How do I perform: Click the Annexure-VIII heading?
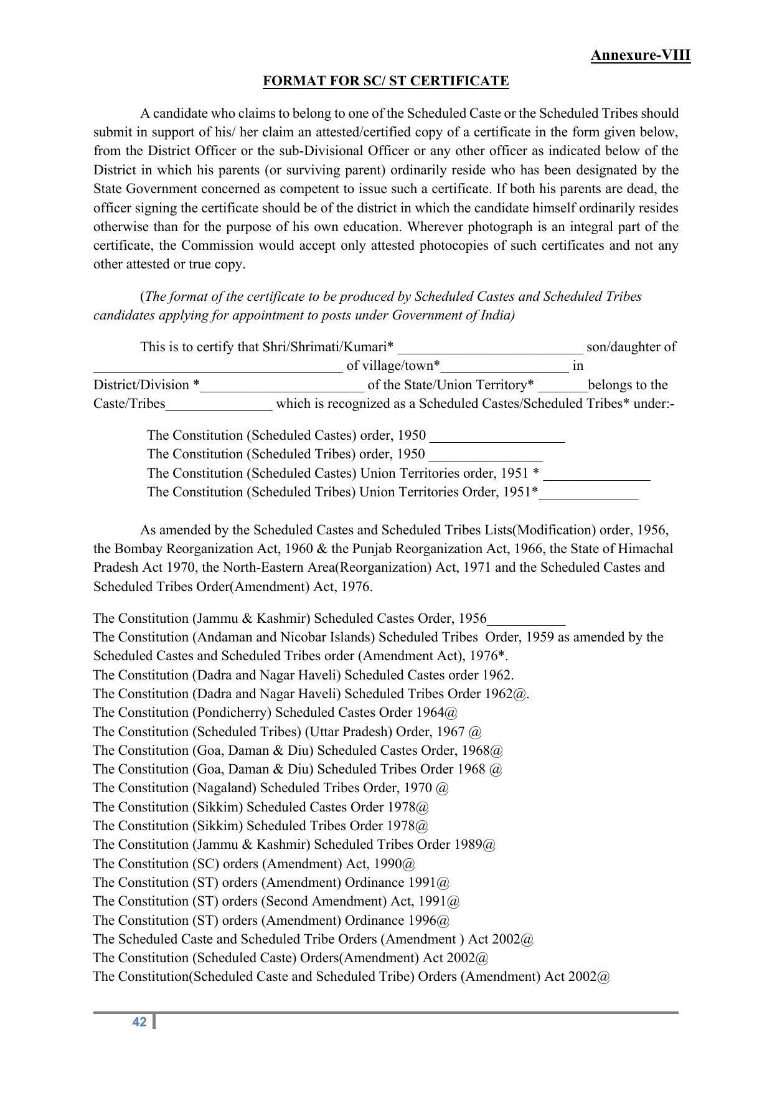point(640,55)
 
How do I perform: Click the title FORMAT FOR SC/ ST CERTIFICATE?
point(385,81)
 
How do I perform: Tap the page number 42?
point(139,1021)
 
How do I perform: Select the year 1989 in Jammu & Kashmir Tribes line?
point(468,845)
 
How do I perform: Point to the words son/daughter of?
point(631,347)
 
